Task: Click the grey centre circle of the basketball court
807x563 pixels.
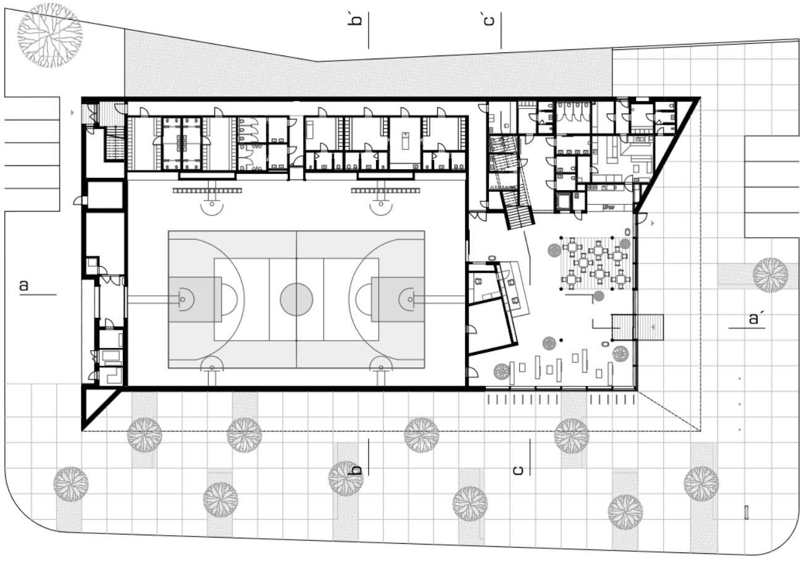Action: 296,299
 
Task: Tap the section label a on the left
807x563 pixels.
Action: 24,285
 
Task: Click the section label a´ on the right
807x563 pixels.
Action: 753,319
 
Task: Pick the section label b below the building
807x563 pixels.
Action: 356,470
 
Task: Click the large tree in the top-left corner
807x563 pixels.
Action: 49,35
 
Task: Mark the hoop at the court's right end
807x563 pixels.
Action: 411,299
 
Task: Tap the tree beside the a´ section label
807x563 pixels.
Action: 770,274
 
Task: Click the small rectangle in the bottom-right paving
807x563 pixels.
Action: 746,512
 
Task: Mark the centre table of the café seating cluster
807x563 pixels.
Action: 591,262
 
